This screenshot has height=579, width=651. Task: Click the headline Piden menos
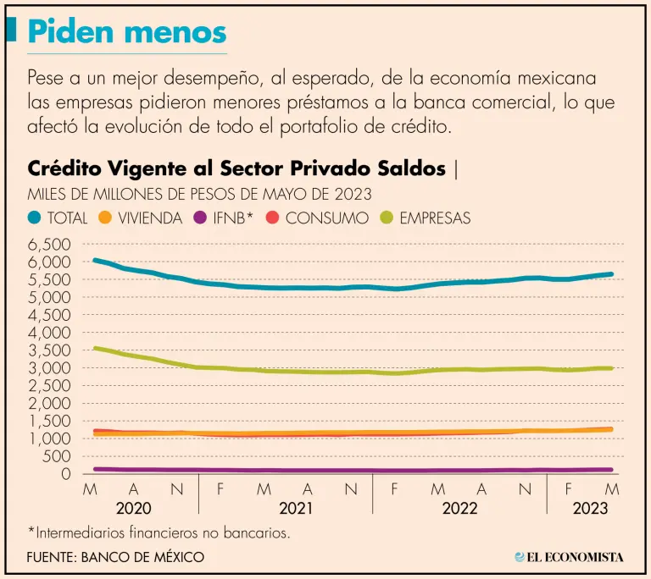(x=127, y=31)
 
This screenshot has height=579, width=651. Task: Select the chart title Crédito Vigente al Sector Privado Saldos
(x=236, y=168)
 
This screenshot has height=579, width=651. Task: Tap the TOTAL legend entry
(x=58, y=218)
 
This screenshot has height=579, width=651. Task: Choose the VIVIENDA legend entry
(x=141, y=218)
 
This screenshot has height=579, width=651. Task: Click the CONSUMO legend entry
(x=318, y=218)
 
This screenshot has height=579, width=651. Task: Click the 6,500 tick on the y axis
(x=48, y=244)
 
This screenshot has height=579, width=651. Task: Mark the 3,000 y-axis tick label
(x=48, y=367)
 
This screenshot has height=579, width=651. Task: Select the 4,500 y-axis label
(x=48, y=315)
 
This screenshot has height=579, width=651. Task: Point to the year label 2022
(x=459, y=509)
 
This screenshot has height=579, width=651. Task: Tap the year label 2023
(x=589, y=509)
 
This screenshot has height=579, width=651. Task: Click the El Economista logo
(x=569, y=557)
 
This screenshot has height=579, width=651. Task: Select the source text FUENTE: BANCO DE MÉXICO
(x=116, y=557)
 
